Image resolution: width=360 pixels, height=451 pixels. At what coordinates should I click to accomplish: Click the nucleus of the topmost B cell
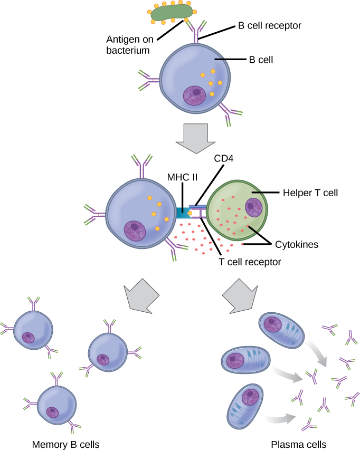(x=194, y=95)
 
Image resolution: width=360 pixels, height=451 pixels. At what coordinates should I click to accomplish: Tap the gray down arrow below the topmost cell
(x=195, y=138)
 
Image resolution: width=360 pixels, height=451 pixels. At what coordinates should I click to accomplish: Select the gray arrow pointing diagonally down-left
(x=141, y=295)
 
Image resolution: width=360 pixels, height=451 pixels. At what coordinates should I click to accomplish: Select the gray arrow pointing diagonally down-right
(x=240, y=296)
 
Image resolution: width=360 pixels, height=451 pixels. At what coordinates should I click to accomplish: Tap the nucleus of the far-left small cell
(x=28, y=338)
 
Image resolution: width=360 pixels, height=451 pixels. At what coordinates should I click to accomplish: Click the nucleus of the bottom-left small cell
(x=52, y=412)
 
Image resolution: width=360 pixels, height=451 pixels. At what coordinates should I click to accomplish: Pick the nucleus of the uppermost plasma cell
(x=273, y=323)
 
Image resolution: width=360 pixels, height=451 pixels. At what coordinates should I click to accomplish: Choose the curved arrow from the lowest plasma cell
(x=279, y=418)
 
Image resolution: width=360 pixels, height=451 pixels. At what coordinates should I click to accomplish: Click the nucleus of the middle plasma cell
(x=235, y=360)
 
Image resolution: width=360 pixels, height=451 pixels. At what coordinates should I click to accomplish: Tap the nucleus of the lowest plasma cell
(x=250, y=396)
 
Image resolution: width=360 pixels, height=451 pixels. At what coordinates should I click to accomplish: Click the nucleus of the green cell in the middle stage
(x=253, y=207)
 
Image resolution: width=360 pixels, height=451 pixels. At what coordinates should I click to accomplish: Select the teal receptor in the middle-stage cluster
(x=183, y=213)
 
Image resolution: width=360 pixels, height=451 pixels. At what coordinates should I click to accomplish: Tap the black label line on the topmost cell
(x=221, y=59)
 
